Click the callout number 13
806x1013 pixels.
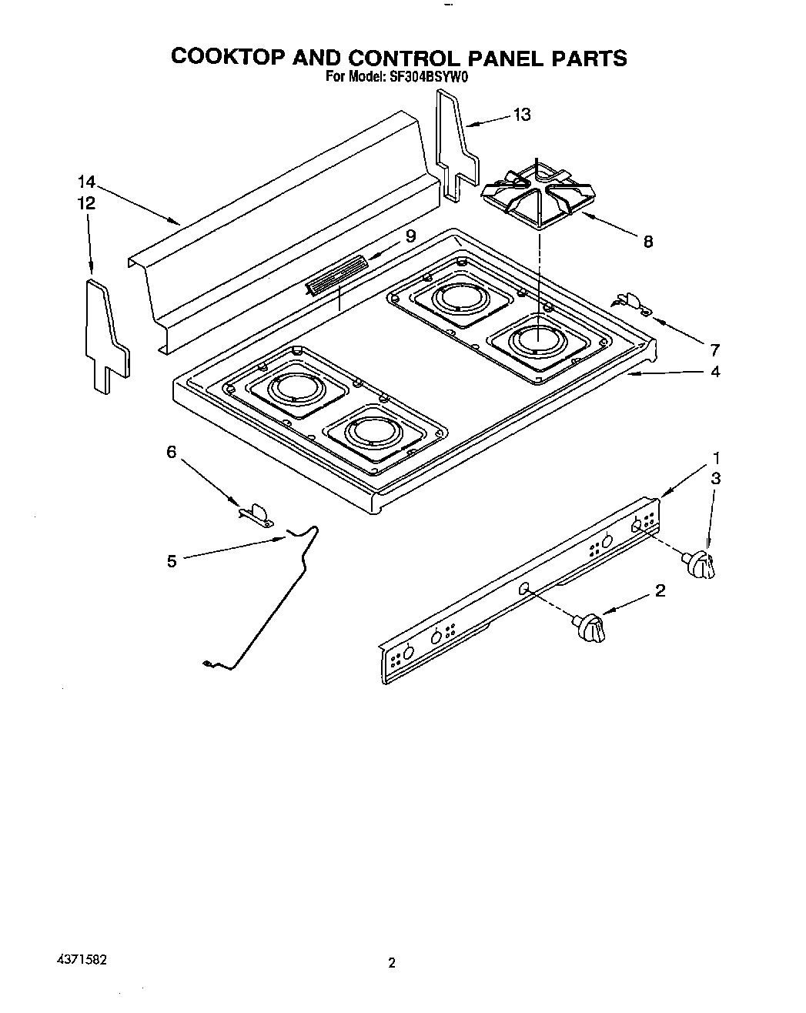pos(522,115)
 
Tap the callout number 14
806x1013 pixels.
pos(86,182)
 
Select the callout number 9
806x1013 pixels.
pos(410,236)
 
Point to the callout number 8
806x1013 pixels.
pos(648,242)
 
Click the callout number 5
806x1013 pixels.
pos(172,561)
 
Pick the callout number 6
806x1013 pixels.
pos(172,452)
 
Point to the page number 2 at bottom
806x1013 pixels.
pos(391,963)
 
